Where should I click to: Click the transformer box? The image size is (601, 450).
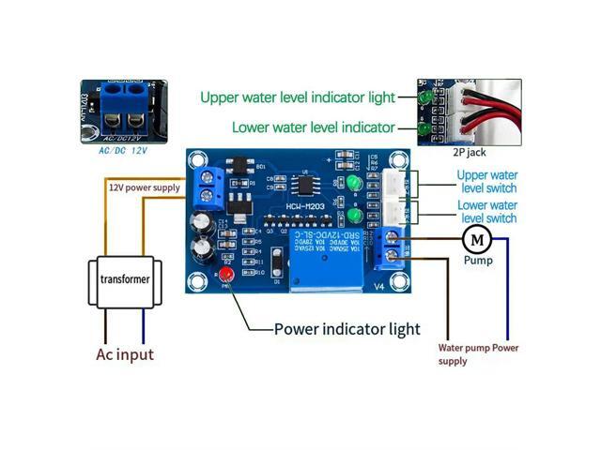click(x=124, y=278)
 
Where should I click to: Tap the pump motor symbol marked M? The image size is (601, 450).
click(x=477, y=239)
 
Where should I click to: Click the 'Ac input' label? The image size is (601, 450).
click(x=125, y=355)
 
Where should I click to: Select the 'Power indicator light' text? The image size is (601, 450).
click(x=347, y=329)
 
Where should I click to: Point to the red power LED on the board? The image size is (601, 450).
click(x=226, y=275)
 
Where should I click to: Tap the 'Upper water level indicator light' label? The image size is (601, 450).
click(x=296, y=97)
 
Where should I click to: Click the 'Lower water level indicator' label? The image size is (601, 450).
click(x=313, y=127)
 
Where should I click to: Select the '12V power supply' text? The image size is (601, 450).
click(x=143, y=188)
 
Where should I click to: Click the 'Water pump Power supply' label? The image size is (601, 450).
click(x=478, y=353)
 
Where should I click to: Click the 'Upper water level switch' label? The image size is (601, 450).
click(x=486, y=181)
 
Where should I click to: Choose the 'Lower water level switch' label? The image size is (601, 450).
click(x=486, y=212)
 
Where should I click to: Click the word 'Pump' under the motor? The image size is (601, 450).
click(x=477, y=262)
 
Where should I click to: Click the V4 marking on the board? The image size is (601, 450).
click(x=379, y=287)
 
